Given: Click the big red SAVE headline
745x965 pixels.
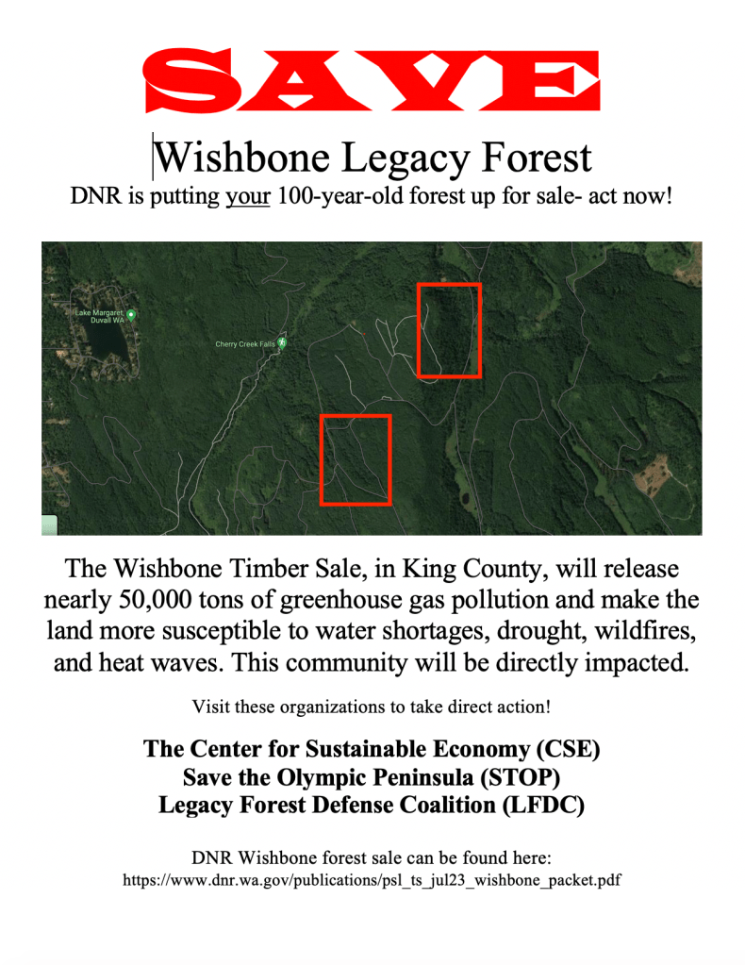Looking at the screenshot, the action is click(x=371, y=80).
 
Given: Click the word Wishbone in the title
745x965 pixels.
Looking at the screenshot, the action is click(x=242, y=158).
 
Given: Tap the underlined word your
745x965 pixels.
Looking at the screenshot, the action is click(x=247, y=196).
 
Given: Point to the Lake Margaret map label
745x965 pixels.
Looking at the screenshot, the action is click(x=99, y=316).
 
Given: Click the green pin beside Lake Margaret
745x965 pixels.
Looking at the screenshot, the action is click(x=131, y=314).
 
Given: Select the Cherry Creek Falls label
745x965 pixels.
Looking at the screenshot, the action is click(x=245, y=344).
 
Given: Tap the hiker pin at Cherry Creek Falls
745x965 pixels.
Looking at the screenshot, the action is click(x=282, y=342).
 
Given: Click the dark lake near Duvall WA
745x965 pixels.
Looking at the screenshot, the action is click(x=108, y=342).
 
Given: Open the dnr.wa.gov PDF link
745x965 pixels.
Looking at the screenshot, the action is click(x=372, y=880).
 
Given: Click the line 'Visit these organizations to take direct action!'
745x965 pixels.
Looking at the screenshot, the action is click(x=372, y=707).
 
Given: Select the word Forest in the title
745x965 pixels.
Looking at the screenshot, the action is click(x=536, y=158).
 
